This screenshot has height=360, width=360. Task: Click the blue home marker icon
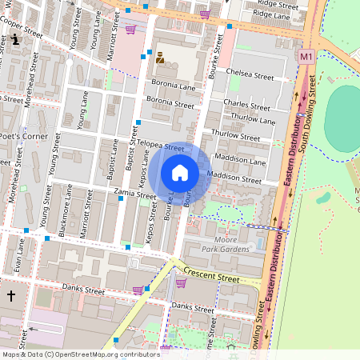click(180, 173)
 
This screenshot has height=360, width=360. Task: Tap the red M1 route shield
click(306, 57)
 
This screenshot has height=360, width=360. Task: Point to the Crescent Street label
click(211, 276)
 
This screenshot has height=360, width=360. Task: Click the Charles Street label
click(246, 103)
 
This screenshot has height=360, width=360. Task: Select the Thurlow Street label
click(236, 136)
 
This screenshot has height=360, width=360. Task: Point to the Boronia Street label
click(170, 104)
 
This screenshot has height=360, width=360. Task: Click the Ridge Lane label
click(271, 14)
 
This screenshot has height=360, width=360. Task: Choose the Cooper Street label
click(22, 26)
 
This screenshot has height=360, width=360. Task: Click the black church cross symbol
click(11, 296)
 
